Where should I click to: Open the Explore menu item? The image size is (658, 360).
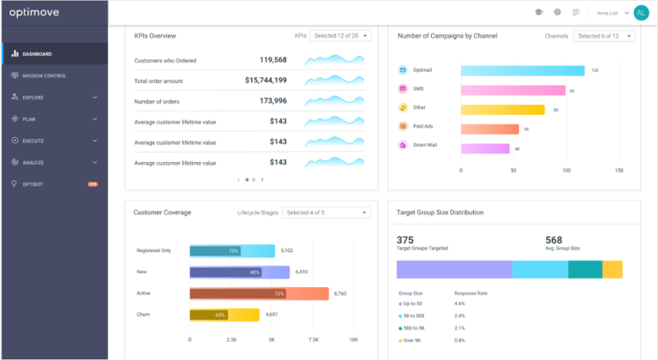34,97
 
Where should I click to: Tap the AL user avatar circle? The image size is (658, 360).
641,12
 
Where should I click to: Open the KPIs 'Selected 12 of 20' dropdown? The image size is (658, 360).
341,36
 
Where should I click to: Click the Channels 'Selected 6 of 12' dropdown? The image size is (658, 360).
604,36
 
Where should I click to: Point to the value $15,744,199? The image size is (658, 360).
266,80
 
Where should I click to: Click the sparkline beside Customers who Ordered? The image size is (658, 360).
333,60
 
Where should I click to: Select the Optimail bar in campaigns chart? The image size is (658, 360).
522,70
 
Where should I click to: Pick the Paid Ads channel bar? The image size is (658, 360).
489,129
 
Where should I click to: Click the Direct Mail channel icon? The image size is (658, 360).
403,147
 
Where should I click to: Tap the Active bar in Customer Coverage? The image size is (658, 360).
258,293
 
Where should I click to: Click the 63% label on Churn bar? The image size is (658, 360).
220,315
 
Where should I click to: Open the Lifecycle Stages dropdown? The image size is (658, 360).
326,213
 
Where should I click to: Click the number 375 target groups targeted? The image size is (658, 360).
405,239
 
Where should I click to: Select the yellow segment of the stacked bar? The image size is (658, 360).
612,269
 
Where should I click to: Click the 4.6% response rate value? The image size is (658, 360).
459,303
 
